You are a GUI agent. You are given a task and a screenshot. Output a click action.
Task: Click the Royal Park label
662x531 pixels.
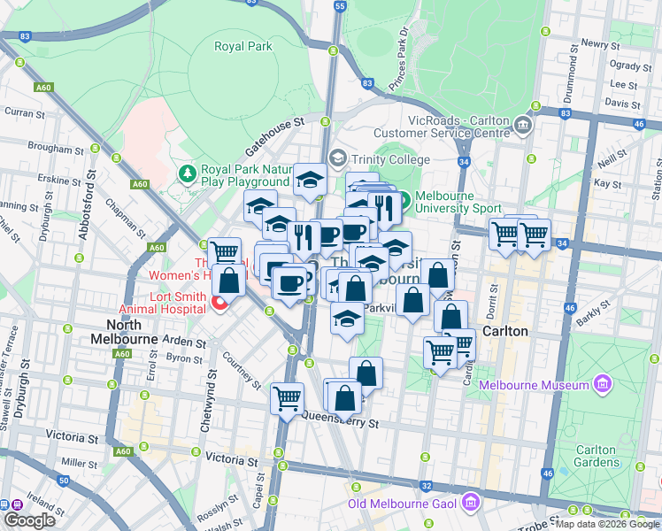pos(243,46)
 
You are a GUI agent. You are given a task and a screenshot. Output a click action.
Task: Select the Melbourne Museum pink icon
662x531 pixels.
pos(603,385)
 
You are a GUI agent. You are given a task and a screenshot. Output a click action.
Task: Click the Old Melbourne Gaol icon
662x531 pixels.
pos(471,504)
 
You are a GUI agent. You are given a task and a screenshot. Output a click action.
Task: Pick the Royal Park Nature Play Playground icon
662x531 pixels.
pos(187,172)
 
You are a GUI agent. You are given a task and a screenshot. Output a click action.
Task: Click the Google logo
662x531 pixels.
pos(28,519)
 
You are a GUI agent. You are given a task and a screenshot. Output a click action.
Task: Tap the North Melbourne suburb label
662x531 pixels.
pos(124,331)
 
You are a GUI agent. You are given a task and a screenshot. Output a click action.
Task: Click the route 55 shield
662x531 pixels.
pos(341,6)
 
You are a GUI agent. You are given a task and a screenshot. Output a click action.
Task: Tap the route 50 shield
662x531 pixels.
pos(63,481)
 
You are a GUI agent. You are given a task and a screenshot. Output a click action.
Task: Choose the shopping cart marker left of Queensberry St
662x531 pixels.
pos(287,398)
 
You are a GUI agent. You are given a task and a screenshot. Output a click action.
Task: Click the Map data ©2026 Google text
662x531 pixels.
pos(607,524)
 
